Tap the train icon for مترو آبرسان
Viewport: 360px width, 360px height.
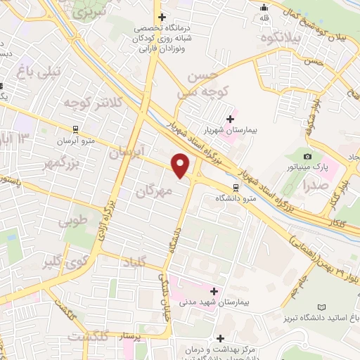tap(75, 129)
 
